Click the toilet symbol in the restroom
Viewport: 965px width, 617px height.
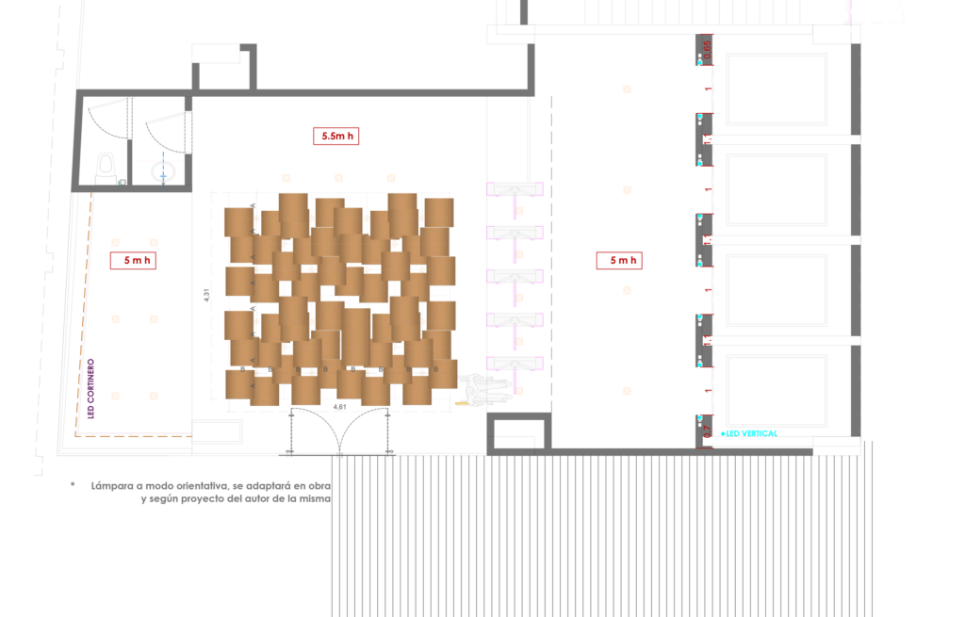pyautogui.click(x=163, y=171)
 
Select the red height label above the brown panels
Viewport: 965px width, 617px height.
pyautogui.click(x=335, y=136)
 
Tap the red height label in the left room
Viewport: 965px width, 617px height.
pyautogui.click(x=133, y=260)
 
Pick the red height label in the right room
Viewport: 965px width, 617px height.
pyautogui.click(x=619, y=260)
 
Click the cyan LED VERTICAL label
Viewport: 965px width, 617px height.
pyautogui.click(x=750, y=433)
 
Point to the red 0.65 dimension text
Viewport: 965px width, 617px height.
pyautogui.click(x=708, y=48)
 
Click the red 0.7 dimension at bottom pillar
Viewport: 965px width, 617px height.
pyautogui.click(x=708, y=432)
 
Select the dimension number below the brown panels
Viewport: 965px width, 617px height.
pyautogui.click(x=340, y=408)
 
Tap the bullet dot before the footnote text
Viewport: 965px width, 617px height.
pyautogui.click(x=73, y=484)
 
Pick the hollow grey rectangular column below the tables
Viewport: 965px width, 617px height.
pyautogui.click(x=518, y=431)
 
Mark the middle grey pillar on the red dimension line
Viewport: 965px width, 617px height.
pyautogui.click(x=704, y=239)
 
